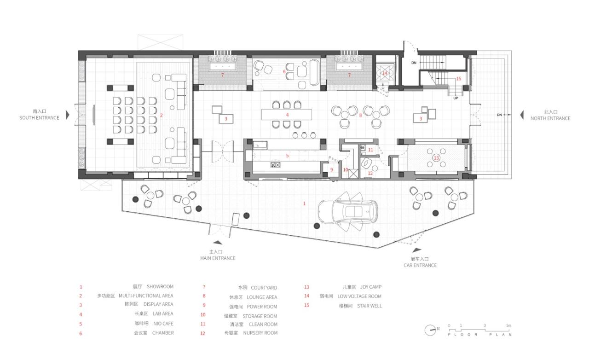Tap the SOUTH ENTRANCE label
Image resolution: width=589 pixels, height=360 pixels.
(39, 118)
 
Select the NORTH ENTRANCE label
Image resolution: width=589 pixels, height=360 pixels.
(550, 118)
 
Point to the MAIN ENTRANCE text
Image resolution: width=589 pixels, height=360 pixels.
(218, 258)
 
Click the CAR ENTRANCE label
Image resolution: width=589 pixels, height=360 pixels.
(420, 265)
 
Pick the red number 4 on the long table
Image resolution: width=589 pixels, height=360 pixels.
(287, 115)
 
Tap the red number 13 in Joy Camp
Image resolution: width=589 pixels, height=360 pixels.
(436, 158)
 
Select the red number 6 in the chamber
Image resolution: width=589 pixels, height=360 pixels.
(284, 72)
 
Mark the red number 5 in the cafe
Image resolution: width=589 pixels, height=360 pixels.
(287, 156)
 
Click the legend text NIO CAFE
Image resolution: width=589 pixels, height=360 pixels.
(162, 323)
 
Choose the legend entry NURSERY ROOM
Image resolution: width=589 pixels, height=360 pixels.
(260, 333)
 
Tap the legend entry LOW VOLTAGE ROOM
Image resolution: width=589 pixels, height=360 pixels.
(359, 296)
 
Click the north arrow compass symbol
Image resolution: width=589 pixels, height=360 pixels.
(431, 329)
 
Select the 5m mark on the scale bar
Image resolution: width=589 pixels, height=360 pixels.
(508, 325)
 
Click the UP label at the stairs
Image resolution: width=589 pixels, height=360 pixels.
(456, 98)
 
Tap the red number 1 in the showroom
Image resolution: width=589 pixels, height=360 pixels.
(304, 203)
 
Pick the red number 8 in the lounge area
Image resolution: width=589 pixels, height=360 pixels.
(360, 115)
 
